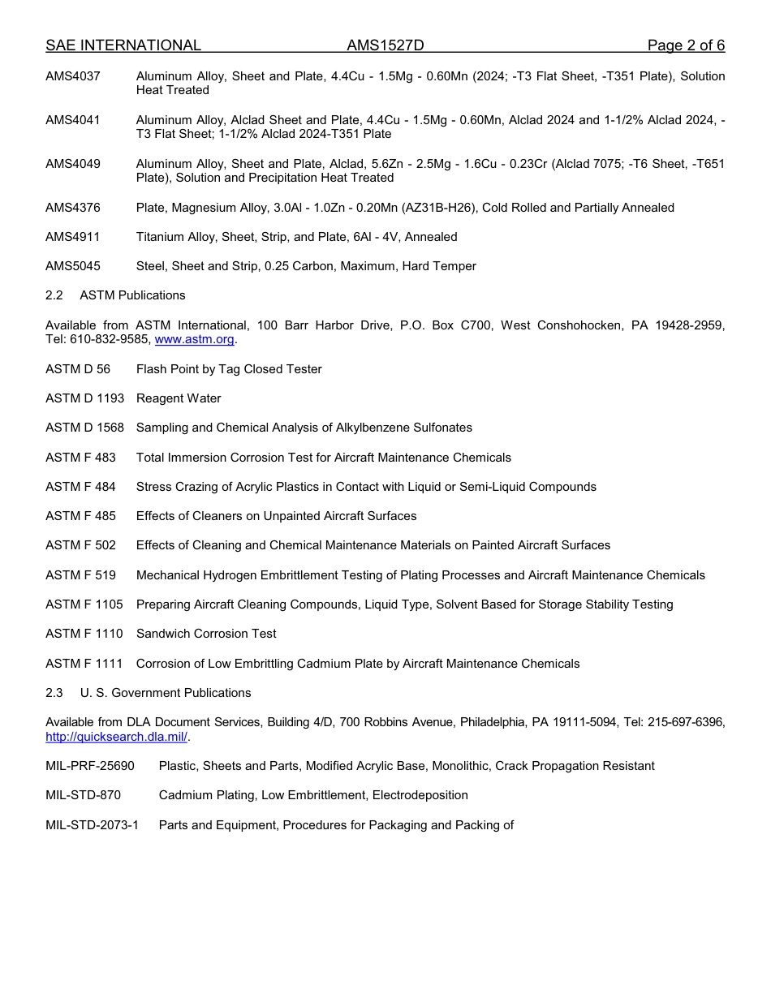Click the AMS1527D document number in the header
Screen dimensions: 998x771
tap(385, 45)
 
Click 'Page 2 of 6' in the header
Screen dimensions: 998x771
tap(686, 45)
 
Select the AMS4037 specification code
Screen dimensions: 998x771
tap(73, 76)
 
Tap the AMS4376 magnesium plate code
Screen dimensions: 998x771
tap(73, 208)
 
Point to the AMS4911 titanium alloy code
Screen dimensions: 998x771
tap(73, 237)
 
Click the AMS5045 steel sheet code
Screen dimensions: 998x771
tap(73, 266)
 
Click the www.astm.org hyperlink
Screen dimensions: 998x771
tap(194, 340)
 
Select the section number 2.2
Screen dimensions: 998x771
tap(54, 295)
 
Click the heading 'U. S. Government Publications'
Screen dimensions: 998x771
tap(166, 693)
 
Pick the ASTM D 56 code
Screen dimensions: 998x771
tap(78, 369)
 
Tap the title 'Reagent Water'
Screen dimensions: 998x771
tap(179, 398)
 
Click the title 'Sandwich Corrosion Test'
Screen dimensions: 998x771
tap(206, 634)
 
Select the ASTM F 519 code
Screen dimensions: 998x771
tap(80, 575)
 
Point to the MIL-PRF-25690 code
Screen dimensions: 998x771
tap(90, 766)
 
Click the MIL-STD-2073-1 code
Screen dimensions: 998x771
tap(92, 825)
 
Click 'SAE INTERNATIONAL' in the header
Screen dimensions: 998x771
tap(123, 45)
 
